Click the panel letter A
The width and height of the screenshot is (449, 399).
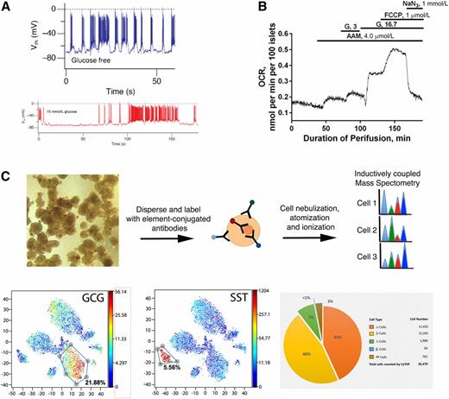7,7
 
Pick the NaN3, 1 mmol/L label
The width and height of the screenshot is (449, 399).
416,5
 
